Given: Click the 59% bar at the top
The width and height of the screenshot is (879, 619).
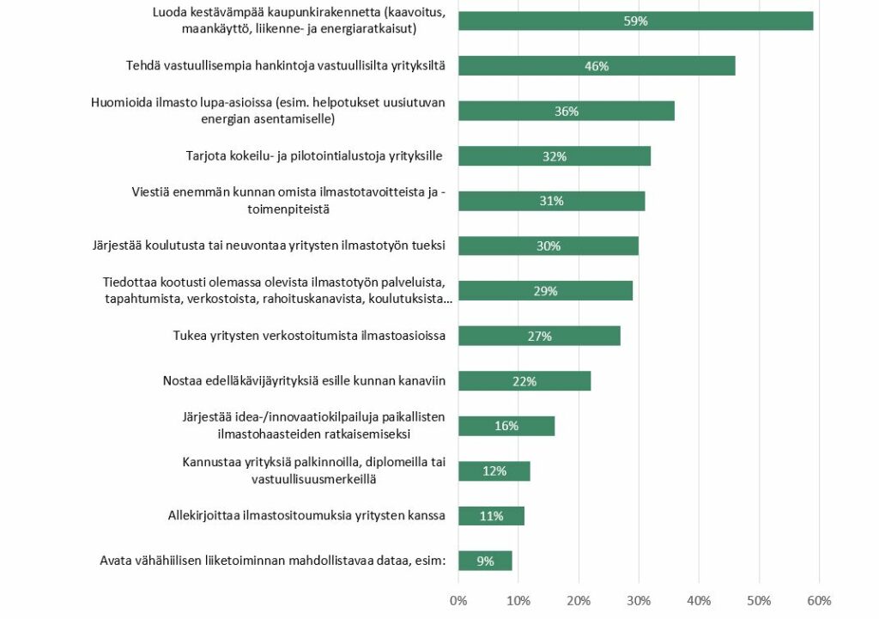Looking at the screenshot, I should click(635, 21).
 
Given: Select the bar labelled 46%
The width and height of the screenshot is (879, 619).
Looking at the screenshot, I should click(597, 66).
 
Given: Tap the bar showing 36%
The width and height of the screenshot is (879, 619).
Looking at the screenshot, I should click(567, 111).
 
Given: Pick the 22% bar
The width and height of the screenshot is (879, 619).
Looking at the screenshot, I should click(524, 381).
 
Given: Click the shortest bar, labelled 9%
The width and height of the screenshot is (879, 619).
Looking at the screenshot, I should click(485, 561).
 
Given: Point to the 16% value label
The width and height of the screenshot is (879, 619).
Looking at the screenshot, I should click(506, 426).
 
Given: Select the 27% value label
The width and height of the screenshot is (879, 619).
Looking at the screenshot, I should click(539, 336).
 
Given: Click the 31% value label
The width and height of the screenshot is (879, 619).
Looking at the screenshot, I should click(551, 201).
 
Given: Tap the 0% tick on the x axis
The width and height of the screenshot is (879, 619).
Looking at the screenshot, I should click(458, 600).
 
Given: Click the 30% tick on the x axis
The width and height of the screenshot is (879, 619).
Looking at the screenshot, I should click(639, 600).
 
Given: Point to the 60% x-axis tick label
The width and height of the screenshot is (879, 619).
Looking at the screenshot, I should click(819, 600).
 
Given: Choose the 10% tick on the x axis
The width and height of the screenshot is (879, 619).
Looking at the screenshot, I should click(518, 600).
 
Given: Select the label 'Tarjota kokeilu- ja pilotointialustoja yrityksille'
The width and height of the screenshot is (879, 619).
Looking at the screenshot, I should click(314, 156).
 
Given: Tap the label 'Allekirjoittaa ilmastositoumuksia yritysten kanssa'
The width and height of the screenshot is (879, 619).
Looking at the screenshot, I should click(306, 516).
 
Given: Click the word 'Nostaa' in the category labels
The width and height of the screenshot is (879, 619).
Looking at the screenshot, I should click(181, 381).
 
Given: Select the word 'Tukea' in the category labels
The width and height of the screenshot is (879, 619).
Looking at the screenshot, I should click(190, 336).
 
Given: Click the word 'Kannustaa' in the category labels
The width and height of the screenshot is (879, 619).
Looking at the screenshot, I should click(210, 463).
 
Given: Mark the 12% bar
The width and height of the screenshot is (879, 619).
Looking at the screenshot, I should click(494, 470).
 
